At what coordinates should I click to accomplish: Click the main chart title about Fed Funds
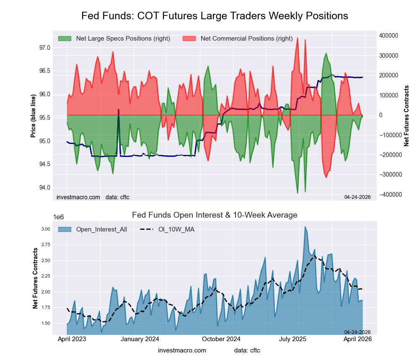(x=215, y=16)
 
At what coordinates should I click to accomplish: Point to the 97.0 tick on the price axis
(x=44, y=48)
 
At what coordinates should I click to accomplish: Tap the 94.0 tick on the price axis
(x=44, y=187)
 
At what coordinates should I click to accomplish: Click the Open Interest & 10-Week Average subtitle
(x=215, y=215)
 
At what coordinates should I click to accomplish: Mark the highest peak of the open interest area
(x=305, y=226)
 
